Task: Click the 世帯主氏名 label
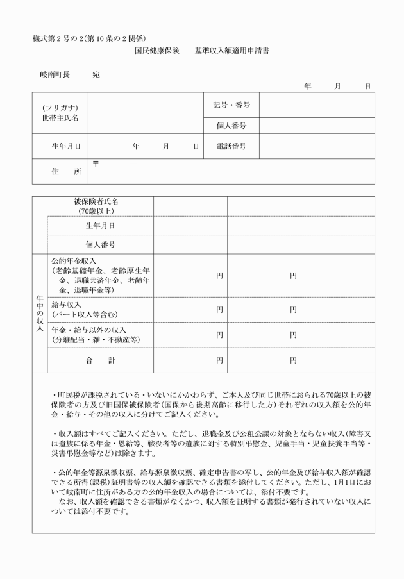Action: coord(60,118)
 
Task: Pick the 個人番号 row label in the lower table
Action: coord(100,245)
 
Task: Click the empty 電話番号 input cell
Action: coord(316,147)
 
